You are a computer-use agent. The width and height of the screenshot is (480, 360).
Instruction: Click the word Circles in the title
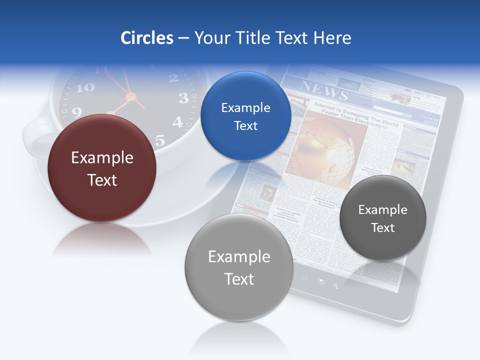147,38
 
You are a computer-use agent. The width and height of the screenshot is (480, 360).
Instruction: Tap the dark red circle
102,168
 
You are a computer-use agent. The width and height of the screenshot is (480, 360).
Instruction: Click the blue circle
245,116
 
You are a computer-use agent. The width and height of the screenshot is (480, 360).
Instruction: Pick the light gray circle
239,267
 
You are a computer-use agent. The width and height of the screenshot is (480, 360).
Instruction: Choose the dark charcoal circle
382,218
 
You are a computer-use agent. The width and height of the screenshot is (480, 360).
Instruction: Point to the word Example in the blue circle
245,107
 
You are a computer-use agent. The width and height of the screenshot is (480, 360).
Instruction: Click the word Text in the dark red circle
102,180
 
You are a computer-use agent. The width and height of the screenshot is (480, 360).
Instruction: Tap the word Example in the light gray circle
239,256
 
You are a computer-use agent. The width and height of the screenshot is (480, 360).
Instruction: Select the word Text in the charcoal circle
382,228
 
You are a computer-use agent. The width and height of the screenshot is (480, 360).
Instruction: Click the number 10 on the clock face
85,88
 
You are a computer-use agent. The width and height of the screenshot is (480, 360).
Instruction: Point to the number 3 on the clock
183,98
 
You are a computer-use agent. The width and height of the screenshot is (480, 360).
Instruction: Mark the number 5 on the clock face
160,140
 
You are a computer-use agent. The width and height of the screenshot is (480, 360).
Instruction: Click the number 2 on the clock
173,77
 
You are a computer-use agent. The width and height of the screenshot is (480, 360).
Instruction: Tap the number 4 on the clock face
178,121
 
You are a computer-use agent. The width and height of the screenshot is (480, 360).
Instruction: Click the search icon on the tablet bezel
336,286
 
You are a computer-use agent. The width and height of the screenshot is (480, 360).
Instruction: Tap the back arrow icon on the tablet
321,282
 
